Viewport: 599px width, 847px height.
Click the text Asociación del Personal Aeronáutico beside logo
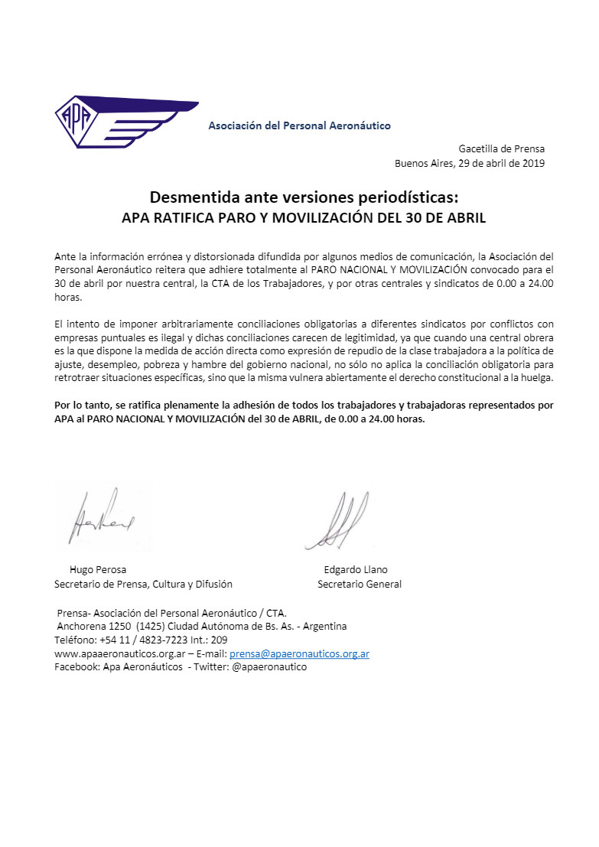[299, 125]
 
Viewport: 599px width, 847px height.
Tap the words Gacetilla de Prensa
[501, 148]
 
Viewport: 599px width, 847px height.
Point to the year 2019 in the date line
[532, 163]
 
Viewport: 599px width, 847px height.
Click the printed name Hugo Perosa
[98, 569]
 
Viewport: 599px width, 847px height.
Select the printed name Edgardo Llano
[356, 569]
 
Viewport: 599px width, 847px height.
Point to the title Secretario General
[360, 584]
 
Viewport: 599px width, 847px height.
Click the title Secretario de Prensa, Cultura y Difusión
[143, 584]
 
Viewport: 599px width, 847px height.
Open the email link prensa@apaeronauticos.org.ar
[299, 653]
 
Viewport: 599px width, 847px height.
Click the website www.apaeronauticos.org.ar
[119, 653]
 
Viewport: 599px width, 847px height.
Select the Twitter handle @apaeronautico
[269, 667]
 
